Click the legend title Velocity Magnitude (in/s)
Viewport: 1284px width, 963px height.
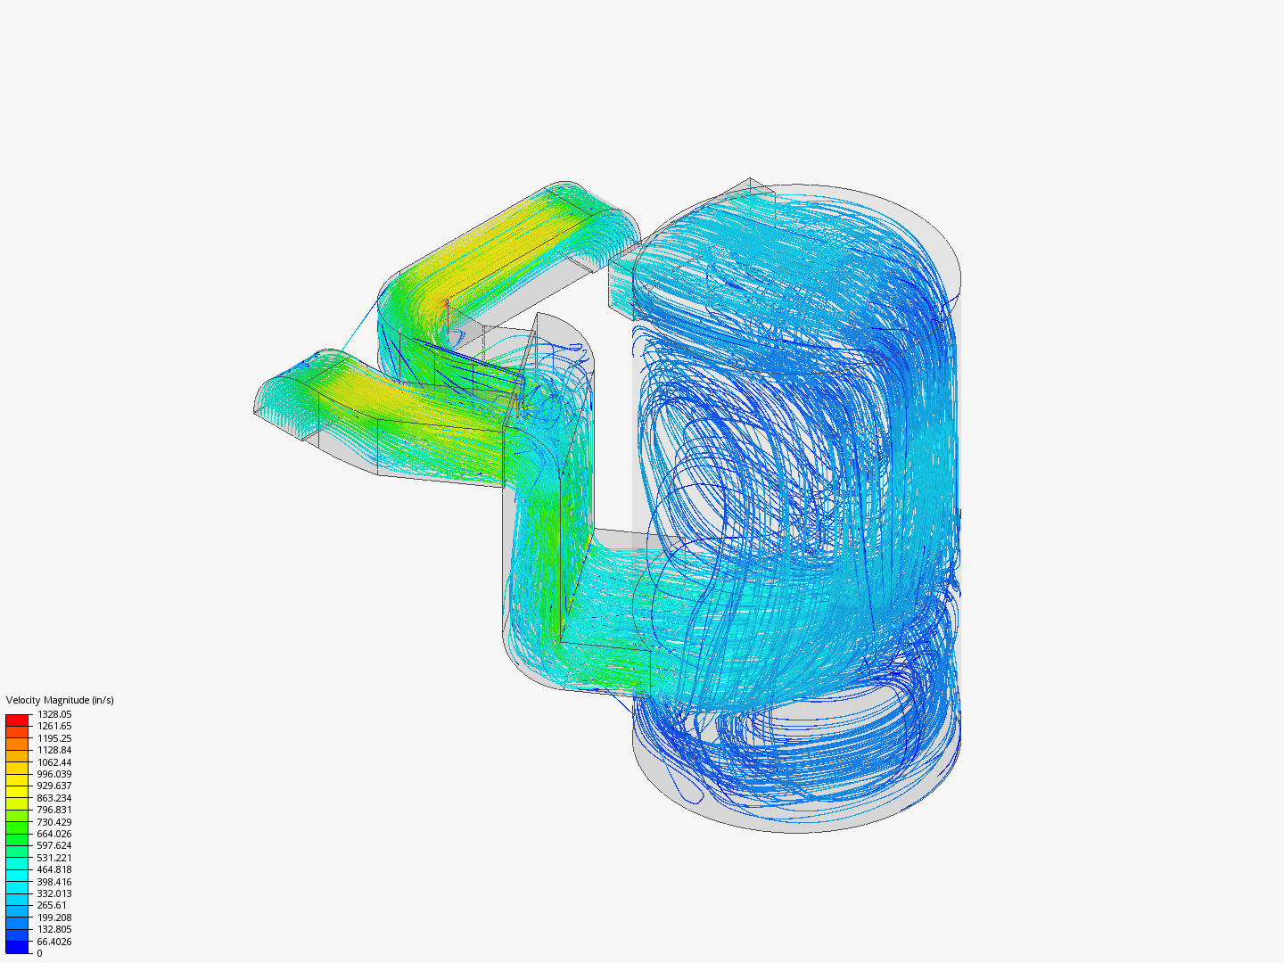(x=60, y=700)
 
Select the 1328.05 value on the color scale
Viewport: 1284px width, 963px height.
(x=54, y=714)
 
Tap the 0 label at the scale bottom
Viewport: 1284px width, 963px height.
(x=39, y=953)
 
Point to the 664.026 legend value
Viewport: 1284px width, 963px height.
(x=54, y=834)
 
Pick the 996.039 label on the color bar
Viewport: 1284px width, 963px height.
(x=54, y=774)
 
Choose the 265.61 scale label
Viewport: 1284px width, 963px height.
(x=52, y=905)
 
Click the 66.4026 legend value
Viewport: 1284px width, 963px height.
(x=54, y=942)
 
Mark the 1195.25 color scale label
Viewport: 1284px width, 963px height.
(x=54, y=738)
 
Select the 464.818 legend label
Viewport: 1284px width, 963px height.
(x=54, y=869)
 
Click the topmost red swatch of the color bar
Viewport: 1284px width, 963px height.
(x=17, y=720)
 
